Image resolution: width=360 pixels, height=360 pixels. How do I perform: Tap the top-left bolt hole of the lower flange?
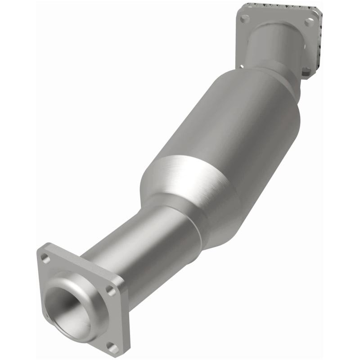(45, 258)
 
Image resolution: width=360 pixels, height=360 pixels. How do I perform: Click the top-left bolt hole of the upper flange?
(244, 19)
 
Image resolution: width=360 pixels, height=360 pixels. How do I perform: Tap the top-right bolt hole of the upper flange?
(309, 22)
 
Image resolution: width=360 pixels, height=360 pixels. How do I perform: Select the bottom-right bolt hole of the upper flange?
(306, 71)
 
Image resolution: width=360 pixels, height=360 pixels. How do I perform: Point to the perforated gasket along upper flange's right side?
(319, 45)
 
